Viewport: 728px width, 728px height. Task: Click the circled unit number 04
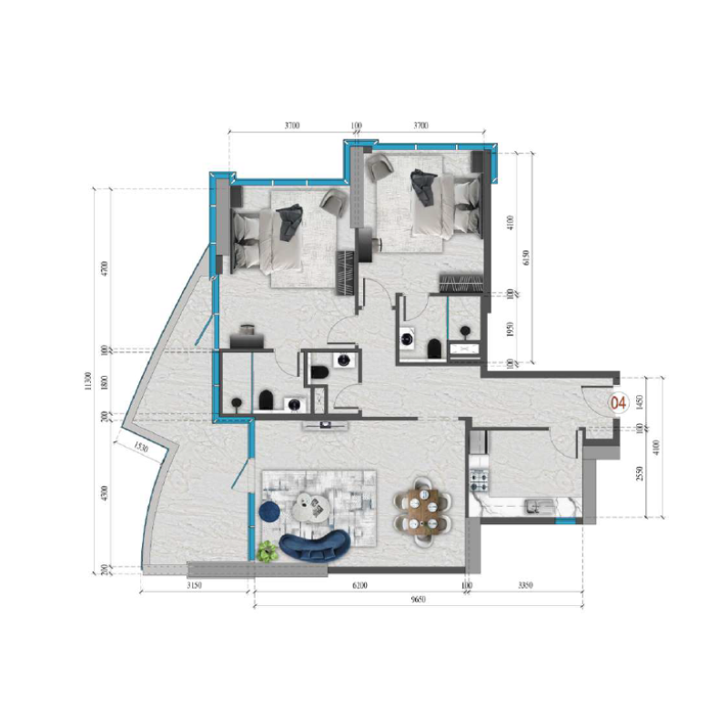click(x=620, y=401)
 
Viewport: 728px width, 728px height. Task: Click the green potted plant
click(x=267, y=551)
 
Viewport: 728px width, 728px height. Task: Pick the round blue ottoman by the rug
click(x=270, y=512)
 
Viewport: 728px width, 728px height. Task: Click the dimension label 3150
click(x=194, y=586)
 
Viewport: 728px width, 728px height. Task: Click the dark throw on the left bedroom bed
click(x=289, y=222)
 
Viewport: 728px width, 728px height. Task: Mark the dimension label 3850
click(x=525, y=586)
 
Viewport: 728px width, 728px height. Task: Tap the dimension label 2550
click(x=640, y=474)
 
